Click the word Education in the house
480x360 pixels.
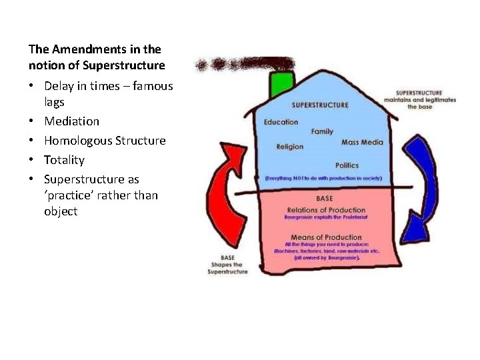coord(281,122)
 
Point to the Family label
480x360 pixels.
coord(322,132)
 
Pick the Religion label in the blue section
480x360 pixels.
coord(290,147)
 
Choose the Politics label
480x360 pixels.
coord(347,165)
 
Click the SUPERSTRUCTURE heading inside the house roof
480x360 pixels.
coord(320,105)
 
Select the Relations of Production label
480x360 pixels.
coord(326,211)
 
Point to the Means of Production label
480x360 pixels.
coord(326,237)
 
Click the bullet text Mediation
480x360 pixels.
coord(71,121)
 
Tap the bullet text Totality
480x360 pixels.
coord(64,160)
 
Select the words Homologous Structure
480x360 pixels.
coord(105,141)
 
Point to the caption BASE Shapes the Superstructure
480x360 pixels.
coord(227,265)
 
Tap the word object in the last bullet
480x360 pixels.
coord(61,211)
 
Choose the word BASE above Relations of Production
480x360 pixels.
coord(325,199)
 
